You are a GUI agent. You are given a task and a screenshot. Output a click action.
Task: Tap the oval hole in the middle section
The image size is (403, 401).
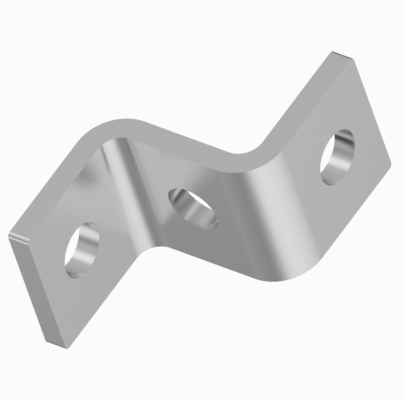[193, 208]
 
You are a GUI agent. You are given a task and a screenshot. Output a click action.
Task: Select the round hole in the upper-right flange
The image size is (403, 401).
[337, 156]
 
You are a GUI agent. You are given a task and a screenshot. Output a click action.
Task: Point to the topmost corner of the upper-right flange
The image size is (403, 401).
[333, 53]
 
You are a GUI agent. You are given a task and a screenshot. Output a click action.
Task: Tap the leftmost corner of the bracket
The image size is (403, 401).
[9, 235]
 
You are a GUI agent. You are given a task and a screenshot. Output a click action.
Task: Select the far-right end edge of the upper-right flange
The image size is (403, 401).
[372, 110]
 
